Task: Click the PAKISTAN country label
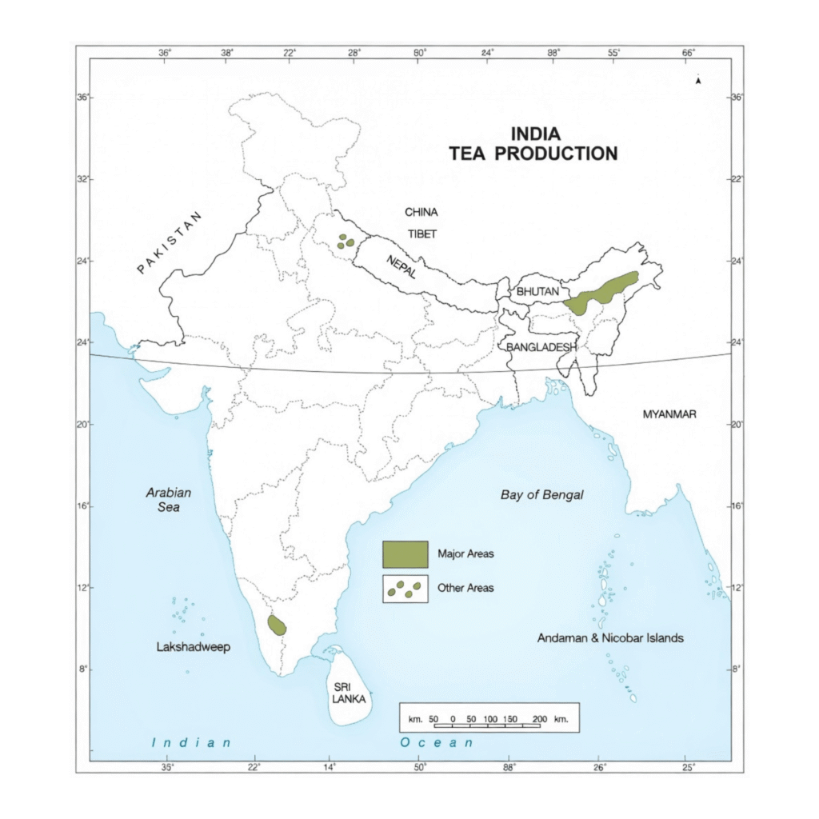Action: (x=171, y=242)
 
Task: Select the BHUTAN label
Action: (x=537, y=292)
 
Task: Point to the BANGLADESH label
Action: (x=541, y=347)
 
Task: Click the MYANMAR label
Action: (x=669, y=413)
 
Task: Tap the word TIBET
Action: (x=421, y=234)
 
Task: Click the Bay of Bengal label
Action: (x=542, y=495)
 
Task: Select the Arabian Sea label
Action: (x=169, y=500)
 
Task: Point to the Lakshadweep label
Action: (x=193, y=647)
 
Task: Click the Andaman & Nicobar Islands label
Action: (x=610, y=638)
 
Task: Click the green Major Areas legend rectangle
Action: (x=405, y=553)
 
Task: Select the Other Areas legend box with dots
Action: (x=405, y=589)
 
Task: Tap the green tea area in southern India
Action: (x=277, y=625)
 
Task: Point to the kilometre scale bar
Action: (x=489, y=719)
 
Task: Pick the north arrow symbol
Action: (x=698, y=80)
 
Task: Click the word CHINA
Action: (x=421, y=212)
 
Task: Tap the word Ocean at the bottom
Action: (x=437, y=743)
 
